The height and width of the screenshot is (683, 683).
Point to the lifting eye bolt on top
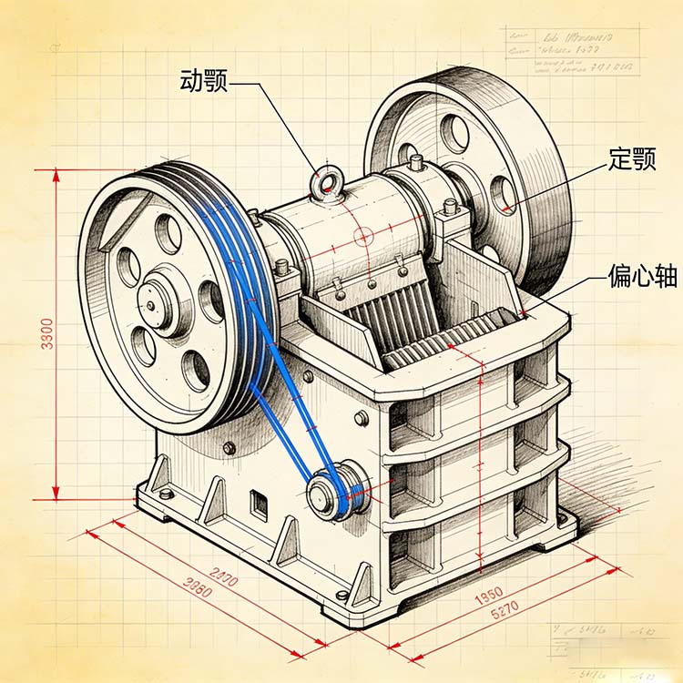click(x=324, y=186)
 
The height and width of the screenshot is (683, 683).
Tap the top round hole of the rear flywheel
click(x=454, y=133)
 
